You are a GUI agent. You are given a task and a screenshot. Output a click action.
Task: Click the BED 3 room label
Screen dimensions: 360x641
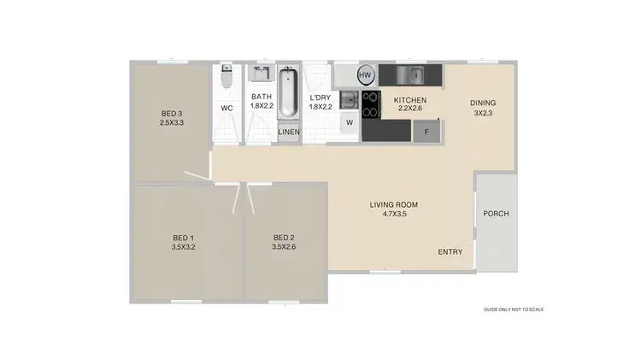173,118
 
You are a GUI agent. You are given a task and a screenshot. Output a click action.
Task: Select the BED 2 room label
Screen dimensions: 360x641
284,242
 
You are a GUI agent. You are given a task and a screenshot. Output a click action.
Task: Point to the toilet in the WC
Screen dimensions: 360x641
226,80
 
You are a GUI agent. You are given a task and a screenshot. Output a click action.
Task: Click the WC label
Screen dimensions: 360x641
227,109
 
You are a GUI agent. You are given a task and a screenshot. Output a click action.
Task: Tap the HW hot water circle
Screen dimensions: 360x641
366,74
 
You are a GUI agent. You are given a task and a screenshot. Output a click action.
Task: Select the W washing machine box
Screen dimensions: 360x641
349,122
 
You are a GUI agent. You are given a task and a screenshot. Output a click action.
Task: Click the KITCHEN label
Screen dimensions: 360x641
409,105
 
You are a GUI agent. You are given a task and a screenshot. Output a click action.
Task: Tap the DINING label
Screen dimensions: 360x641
482,108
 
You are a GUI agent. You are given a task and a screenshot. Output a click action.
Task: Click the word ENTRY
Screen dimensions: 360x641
450,251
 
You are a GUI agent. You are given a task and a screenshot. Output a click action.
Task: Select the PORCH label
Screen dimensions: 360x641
496,213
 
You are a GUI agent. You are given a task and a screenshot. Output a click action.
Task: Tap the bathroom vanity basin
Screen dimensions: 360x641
261,74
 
